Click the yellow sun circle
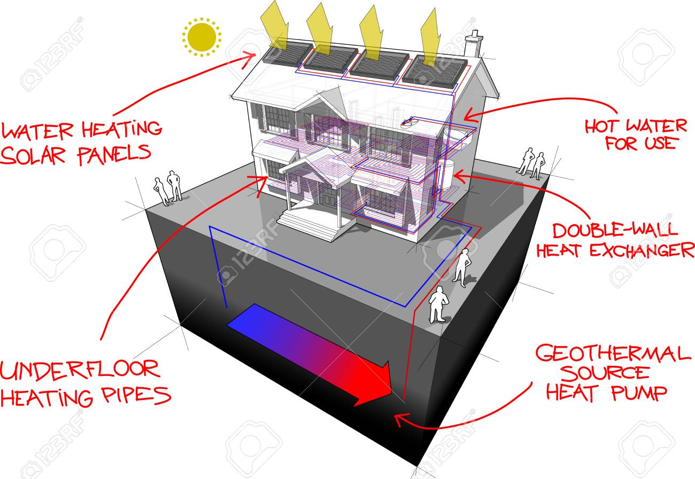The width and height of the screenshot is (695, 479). [x=202, y=37]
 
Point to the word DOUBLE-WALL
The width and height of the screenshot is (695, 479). [x=615, y=230]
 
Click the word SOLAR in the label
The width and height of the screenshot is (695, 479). [x=33, y=155]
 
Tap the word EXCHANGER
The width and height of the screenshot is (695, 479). [x=642, y=250]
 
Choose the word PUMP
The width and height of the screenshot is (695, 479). [x=639, y=393]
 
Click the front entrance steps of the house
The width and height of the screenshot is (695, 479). [x=307, y=224]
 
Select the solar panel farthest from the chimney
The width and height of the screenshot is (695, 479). [x=287, y=54]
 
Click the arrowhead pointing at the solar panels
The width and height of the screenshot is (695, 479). [x=250, y=59]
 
